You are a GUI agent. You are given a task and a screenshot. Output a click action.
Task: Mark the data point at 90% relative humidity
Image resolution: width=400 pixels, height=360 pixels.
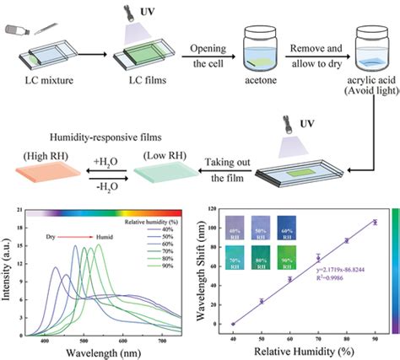(x=375, y=222)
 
